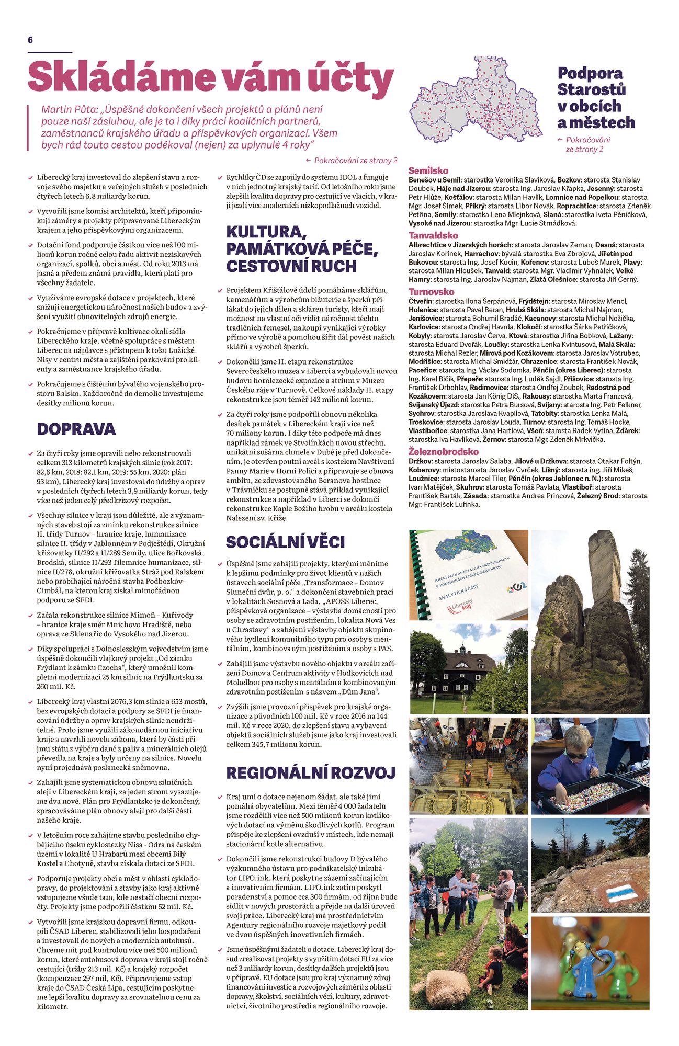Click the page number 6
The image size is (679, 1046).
(x=30, y=40)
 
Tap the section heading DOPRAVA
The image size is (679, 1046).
(x=76, y=429)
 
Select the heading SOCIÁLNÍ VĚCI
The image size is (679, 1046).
(x=285, y=542)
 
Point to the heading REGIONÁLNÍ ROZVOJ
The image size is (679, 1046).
(x=311, y=772)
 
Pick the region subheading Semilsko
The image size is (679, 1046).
(x=428, y=170)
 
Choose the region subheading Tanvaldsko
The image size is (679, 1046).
(x=433, y=235)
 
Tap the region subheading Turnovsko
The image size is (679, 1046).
(x=432, y=292)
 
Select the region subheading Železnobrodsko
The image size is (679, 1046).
(x=443, y=451)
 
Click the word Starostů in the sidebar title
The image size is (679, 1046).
(x=591, y=89)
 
